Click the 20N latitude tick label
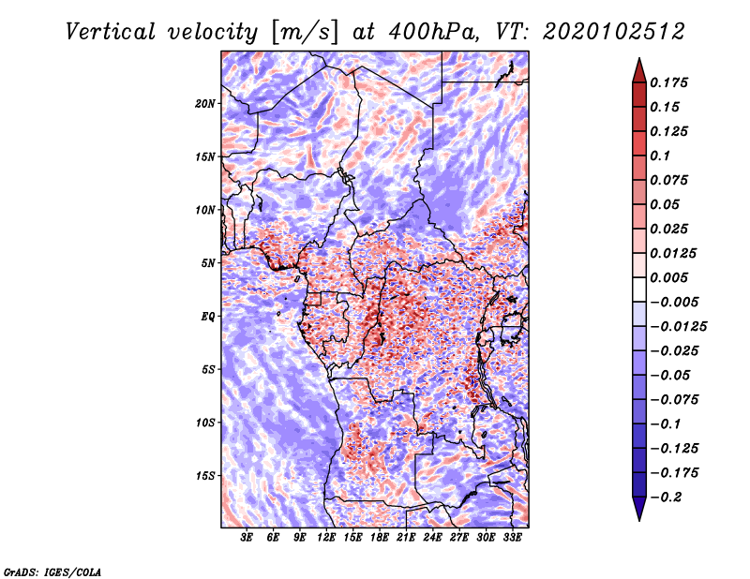click(x=204, y=104)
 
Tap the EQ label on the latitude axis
click(x=207, y=317)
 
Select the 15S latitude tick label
click(x=204, y=476)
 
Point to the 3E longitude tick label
click(x=247, y=538)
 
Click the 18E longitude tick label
click(x=380, y=538)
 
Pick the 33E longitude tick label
click(x=512, y=538)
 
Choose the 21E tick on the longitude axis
click(x=406, y=538)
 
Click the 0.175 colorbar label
click(x=668, y=82)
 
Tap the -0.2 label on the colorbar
click(x=667, y=497)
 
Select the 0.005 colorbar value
click(x=668, y=277)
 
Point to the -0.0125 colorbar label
click(x=679, y=327)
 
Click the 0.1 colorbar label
click(x=660, y=156)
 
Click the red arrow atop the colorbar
click(x=639, y=71)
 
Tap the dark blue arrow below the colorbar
click(x=639, y=508)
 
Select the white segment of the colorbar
click(x=639, y=289)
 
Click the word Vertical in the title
click(x=111, y=32)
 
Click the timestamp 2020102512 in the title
click(x=614, y=32)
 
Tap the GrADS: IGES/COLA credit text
click(x=52, y=572)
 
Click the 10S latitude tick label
click(x=204, y=423)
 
